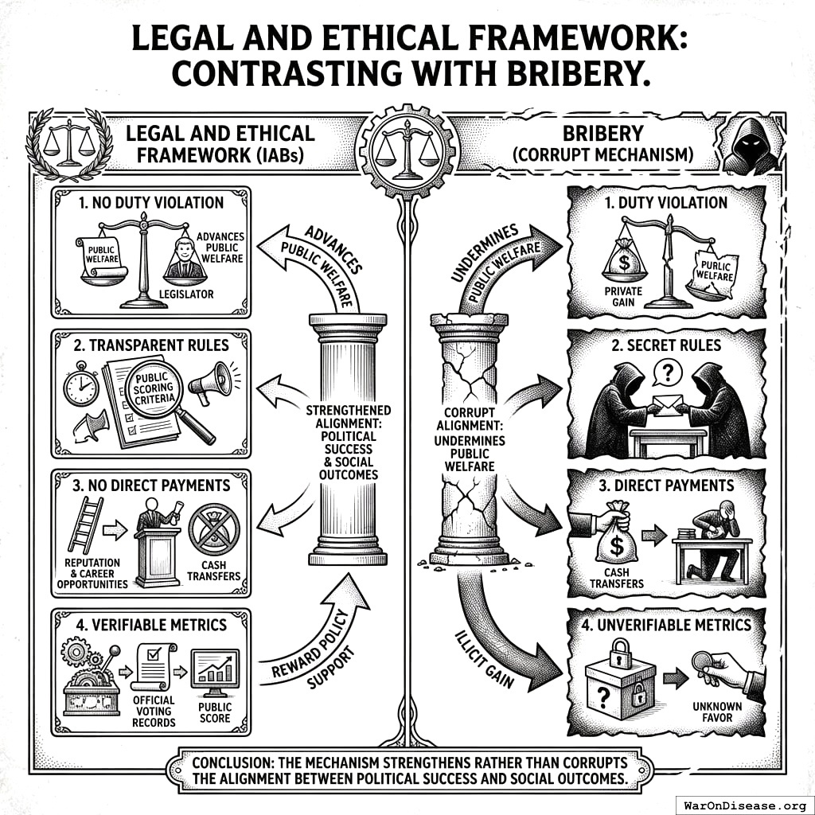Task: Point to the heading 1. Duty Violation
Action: (666, 202)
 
